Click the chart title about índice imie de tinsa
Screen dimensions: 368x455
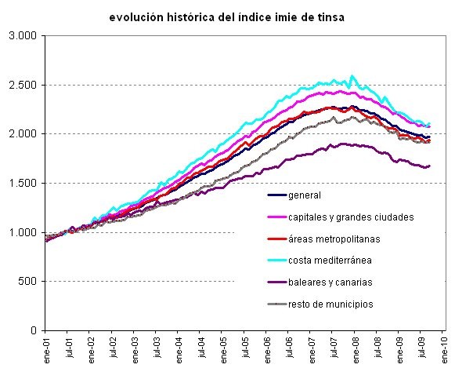pyautogui.click(x=227, y=16)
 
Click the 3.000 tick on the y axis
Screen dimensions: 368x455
pyautogui.click(x=22, y=36)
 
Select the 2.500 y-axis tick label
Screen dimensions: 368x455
pyautogui.click(x=22, y=85)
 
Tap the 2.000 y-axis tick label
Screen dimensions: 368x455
pyautogui.click(x=22, y=134)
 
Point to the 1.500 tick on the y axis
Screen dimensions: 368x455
pyautogui.click(x=22, y=184)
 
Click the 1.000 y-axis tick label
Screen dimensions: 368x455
pyautogui.click(x=22, y=232)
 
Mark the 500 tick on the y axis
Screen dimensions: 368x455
pyautogui.click(x=27, y=282)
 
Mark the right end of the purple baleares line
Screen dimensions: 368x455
pyautogui.click(x=429, y=166)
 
